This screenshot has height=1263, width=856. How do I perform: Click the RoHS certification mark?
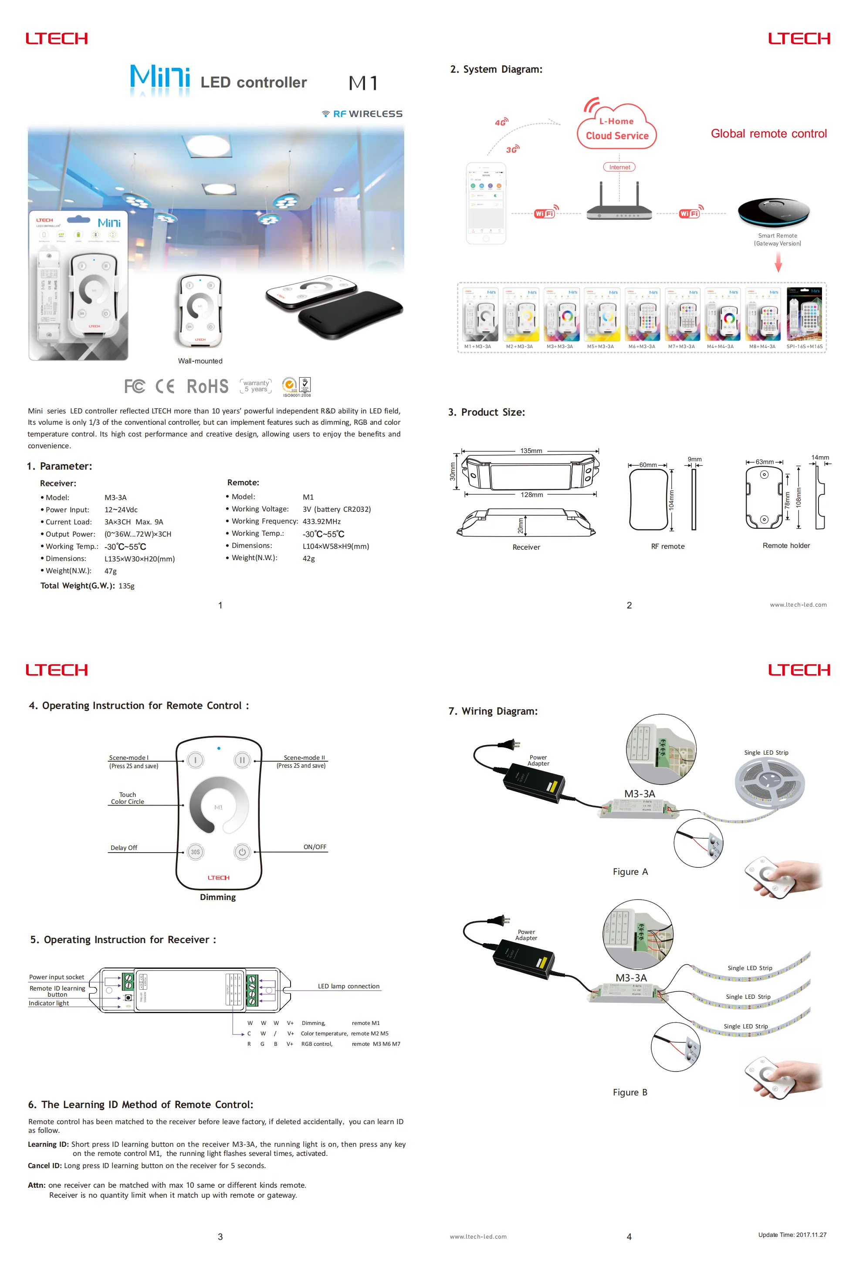[207, 386]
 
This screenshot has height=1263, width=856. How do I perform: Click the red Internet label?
[619, 168]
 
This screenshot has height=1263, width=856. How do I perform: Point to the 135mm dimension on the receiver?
[531, 451]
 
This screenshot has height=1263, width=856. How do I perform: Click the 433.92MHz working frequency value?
[321, 522]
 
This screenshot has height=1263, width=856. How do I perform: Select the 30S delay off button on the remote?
[195, 852]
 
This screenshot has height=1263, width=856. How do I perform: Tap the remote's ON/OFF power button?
[242, 852]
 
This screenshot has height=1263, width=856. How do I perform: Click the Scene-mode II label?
[304, 758]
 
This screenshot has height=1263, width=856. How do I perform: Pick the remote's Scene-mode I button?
[195, 760]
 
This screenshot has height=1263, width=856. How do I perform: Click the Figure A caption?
[630, 872]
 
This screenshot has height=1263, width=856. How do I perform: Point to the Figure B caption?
[630, 1092]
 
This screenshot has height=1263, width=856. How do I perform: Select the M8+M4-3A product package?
[762, 318]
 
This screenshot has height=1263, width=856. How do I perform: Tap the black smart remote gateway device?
[773, 212]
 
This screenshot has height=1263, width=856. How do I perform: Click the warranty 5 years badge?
[256, 386]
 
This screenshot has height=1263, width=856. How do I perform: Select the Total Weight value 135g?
[126, 586]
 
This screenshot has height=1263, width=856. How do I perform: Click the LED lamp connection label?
[348, 986]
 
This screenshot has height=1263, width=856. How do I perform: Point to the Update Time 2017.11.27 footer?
[792, 1235]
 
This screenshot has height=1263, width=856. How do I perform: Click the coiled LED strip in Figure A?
[769, 782]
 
